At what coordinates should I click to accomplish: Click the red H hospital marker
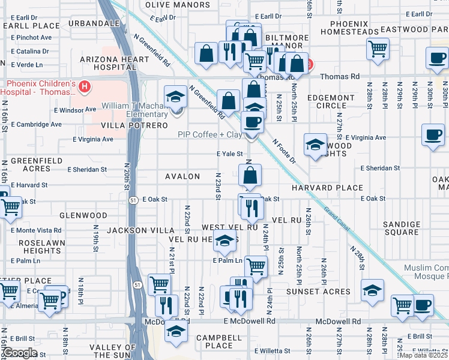coord(85,87)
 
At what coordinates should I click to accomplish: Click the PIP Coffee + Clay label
coord(210,135)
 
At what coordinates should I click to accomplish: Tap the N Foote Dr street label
coord(284,151)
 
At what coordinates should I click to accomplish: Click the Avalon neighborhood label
coord(182,176)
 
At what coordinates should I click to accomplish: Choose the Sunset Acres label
coord(319,292)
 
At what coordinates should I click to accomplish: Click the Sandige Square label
coord(402,228)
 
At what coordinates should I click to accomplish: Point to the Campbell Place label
coord(218,341)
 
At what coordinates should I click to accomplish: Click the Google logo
coord(20,353)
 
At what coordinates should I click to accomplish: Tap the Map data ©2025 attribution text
coord(423,355)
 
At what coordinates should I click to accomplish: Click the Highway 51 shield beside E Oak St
coord(138,201)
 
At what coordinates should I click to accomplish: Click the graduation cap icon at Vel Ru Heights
coord(224,241)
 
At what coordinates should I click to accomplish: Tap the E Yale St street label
coord(229,154)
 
